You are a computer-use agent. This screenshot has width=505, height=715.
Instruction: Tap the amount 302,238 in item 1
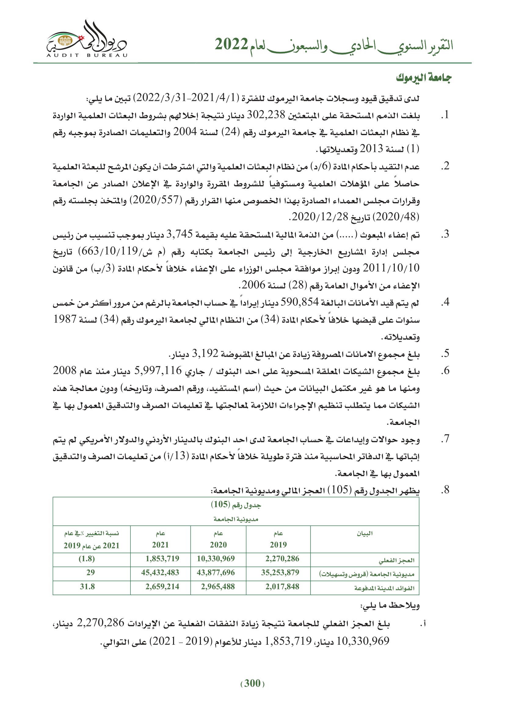(x=266, y=115)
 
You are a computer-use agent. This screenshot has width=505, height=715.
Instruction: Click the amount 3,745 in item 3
(x=180, y=234)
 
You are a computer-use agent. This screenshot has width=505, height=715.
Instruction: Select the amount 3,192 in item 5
(x=205, y=353)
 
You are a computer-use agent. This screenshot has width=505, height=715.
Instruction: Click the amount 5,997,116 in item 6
(x=158, y=370)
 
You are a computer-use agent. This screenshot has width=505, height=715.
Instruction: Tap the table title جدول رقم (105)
(x=236, y=504)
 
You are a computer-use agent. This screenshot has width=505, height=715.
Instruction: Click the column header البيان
(x=365, y=534)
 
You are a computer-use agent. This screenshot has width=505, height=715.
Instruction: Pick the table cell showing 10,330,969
(x=216, y=559)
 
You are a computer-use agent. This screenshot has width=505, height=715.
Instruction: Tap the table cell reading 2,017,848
(x=282, y=587)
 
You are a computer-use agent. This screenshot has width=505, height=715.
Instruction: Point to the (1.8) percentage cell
(x=86, y=559)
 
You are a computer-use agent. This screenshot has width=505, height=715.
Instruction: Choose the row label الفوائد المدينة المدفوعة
(x=384, y=588)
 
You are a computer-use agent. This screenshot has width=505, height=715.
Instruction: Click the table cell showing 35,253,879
(x=280, y=572)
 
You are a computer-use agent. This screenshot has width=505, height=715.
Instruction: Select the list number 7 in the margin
(x=445, y=439)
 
